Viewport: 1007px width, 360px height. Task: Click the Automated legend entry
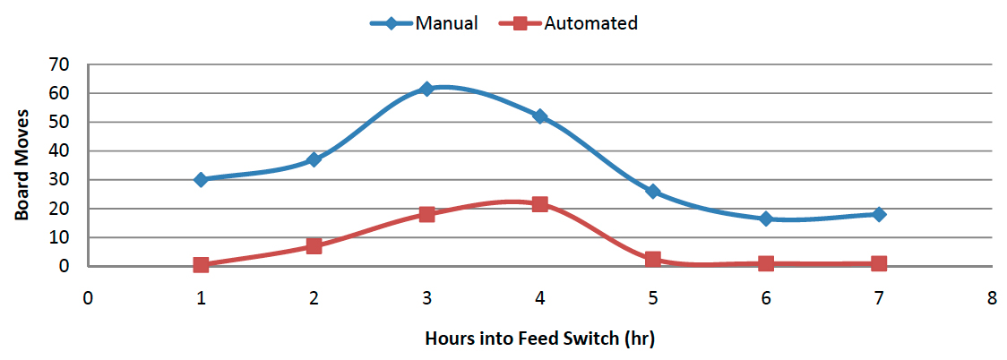pos(573,23)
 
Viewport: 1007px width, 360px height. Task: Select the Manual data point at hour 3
pos(426,89)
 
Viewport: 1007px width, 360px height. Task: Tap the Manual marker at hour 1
pos(201,179)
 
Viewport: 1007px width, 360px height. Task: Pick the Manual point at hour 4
pos(539,116)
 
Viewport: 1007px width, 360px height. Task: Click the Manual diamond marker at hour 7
pos(879,214)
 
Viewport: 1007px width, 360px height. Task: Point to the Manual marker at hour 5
pos(653,191)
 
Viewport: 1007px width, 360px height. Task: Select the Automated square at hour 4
pos(539,204)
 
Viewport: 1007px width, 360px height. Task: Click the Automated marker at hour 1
pos(201,265)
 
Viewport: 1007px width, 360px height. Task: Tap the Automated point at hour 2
pos(314,245)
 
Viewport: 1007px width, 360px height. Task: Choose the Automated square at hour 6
pos(766,263)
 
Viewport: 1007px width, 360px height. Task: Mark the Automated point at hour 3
pos(426,214)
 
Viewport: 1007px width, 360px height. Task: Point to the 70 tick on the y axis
pos(59,64)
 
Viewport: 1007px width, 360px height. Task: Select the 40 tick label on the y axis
pos(59,150)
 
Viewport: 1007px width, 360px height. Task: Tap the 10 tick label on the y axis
pos(59,237)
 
